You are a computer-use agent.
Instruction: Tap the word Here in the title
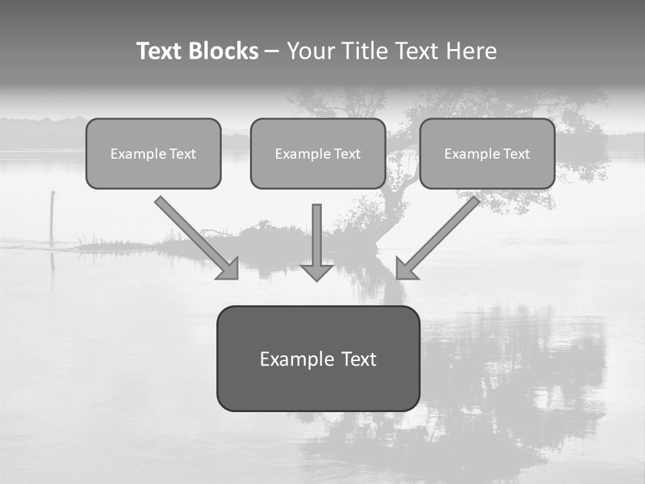472,51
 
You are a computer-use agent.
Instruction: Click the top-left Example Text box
153,153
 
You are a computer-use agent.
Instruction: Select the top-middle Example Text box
318,153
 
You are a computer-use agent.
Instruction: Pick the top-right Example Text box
487,153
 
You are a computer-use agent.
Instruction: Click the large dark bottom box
318,358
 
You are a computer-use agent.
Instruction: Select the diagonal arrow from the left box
191,233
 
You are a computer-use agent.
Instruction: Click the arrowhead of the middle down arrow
316,272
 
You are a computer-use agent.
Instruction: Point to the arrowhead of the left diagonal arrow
228,268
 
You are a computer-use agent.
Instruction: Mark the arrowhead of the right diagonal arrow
406,268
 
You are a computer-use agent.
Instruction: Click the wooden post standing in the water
52,215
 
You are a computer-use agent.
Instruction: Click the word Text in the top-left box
182,154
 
